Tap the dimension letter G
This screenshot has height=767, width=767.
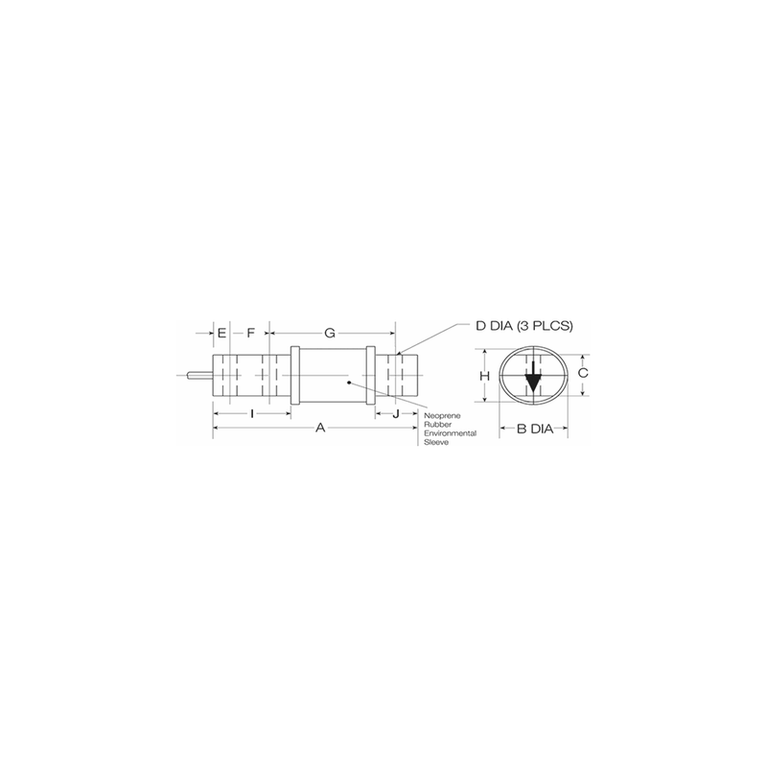click(x=329, y=333)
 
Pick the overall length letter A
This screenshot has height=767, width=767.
click(x=320, y=430)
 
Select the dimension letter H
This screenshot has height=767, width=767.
click(x=485, y=376)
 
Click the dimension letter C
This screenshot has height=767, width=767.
click(x=583, y=372)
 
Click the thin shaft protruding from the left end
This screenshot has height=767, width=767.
click(x=201, y=376)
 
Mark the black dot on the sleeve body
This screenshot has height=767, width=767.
click(x=350, y=383)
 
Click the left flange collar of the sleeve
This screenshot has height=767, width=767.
click(x=296, y=376)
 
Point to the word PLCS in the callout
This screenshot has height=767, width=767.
click(x=553, y=326)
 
